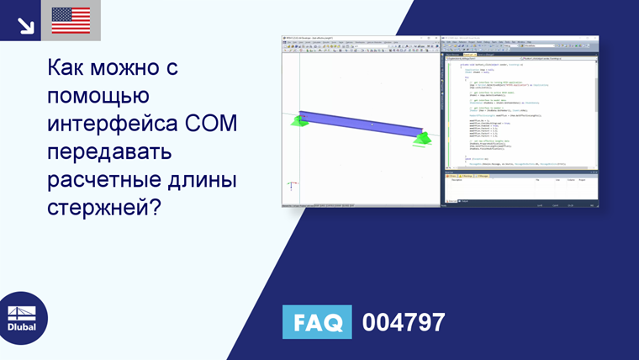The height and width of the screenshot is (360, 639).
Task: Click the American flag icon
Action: pyautogui.click(x=71, y=20)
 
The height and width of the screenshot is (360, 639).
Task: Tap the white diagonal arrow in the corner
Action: pyautogui.click(x=25, y=23)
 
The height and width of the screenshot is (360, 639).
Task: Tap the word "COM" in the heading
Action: pyautogui.click(x=211, y=124)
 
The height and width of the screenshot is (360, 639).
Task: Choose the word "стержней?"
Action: pyautogui.click(x=104, y=208)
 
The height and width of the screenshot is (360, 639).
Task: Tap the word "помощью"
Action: pyautogui.click(x=99, y=97)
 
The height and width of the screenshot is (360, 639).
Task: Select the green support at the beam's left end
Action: pyautogui.click(x=298, y=121)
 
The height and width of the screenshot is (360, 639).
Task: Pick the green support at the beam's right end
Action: pyautogui.click(x=420, y=137)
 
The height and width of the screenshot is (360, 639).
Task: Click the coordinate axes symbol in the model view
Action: pyautogui.click(x=292, y=185)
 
